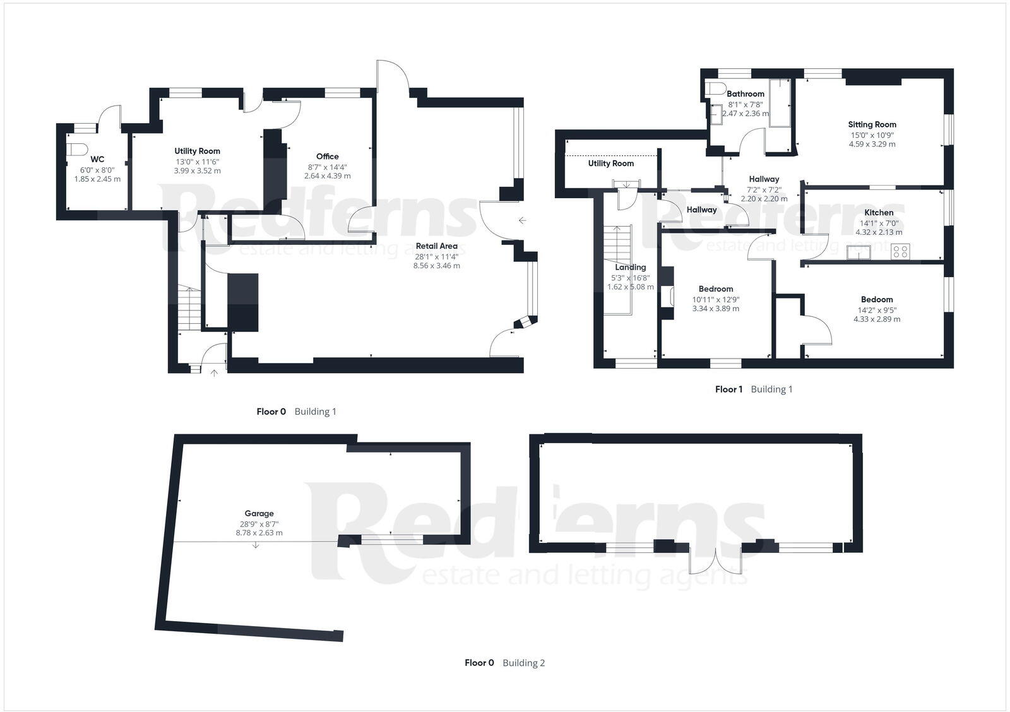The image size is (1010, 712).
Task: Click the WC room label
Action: coord(97,160)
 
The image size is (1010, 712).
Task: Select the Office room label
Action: coord(327,157)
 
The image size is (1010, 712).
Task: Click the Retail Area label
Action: coord(436,246)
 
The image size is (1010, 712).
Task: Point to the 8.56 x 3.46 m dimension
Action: coord(436,266)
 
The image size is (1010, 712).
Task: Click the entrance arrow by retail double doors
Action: coord(522,220)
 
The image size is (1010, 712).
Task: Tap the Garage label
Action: coord(259,514)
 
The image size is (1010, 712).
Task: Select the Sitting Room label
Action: coord(872,124)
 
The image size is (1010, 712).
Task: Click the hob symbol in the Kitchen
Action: coord(900,252)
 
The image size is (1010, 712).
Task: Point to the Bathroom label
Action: coord(745,94)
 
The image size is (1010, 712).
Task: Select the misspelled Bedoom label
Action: coord(877,300)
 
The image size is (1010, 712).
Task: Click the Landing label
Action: coord(630,267)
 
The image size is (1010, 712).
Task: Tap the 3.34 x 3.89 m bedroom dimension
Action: coord(715,309)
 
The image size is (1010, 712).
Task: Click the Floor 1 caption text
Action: coord(728,389)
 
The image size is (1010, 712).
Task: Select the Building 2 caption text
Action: coord(523,663)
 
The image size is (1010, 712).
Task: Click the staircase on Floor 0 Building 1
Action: coord(189,306)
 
